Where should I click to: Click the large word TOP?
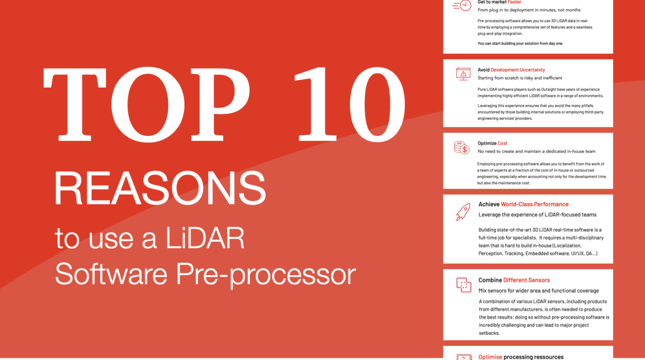pos(147,104)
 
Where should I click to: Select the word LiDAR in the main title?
pos(205,238)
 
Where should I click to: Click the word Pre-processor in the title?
pos(266,275)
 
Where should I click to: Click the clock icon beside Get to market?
pos(462,5)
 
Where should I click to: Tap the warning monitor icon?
pos(463,74)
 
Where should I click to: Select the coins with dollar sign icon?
pos(462,148)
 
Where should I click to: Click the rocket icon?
pos(463,212)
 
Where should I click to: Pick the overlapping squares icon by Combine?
pos(464,285)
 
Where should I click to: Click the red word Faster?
pos(514,3)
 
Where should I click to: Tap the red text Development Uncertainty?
pos(518,70)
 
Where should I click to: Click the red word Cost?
pos(502,143)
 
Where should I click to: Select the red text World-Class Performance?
pos(535,204)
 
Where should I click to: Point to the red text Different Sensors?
pos(527,280)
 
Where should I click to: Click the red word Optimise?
pos(490,357)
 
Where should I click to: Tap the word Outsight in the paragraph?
pos(549,89)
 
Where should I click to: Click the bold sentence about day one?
pos(521,43)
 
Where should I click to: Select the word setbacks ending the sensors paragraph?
pos(489,333)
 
